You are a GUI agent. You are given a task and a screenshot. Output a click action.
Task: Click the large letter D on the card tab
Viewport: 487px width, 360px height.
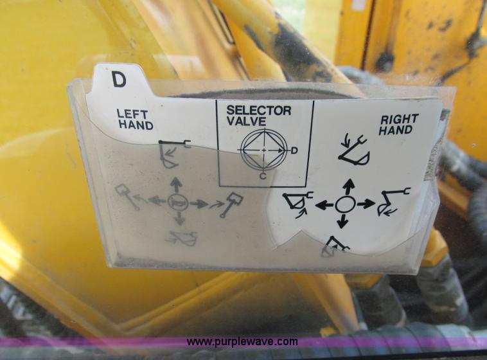[119, 79]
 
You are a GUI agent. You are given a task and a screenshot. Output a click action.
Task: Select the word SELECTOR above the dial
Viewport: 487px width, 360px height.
[258, 110]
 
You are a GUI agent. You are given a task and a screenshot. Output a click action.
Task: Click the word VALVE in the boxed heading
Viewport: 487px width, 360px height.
[247, 121]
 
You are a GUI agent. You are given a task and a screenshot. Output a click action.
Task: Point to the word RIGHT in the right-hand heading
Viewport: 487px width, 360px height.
[399, 119]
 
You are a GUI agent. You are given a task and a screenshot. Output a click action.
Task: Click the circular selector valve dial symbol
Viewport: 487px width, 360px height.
[263, 150]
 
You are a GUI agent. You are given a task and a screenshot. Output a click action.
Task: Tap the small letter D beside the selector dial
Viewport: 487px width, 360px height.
[294, 150]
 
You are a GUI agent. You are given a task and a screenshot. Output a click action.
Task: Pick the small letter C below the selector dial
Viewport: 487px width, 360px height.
[263, 175]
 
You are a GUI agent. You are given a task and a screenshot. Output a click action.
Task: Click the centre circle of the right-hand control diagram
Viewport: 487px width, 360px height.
[346, 204]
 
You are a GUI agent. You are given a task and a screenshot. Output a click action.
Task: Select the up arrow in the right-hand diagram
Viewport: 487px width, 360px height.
[348, 186]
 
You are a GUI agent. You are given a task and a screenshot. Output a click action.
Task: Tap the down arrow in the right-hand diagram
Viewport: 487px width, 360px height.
[343, 222]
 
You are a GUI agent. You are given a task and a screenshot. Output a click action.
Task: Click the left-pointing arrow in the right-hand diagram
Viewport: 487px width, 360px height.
[325, 205]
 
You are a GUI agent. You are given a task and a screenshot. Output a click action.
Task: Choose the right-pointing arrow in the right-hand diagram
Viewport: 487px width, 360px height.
[366, 204]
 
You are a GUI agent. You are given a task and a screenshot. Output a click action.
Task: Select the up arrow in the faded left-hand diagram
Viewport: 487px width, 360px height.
[176, 185]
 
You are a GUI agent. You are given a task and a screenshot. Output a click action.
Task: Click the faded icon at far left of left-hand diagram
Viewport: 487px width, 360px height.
[127, 196]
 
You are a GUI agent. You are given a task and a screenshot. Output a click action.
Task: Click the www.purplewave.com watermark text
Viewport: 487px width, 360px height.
[242, 342]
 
